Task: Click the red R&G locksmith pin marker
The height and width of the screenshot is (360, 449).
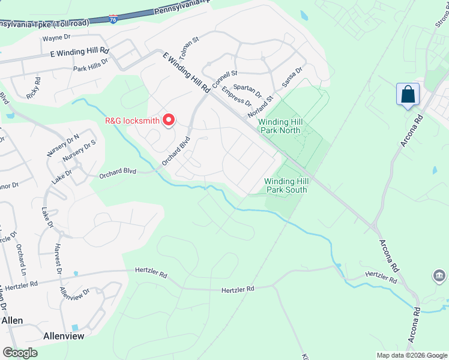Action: [x=169, y=120]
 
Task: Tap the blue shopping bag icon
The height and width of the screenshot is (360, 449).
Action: [x=408, y=95]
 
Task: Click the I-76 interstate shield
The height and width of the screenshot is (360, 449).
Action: [x=113, y=19]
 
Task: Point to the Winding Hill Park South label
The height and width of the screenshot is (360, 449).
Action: [x=287, y=185]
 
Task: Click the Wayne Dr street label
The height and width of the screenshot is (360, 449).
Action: [x=56, y=38]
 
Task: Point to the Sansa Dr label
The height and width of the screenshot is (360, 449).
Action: [x=291, y=77]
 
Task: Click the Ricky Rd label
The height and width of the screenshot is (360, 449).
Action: [x=32, y=88]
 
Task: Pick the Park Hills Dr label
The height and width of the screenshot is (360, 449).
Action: [x=91, y=65]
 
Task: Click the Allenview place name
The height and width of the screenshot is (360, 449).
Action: [x=64, y=337]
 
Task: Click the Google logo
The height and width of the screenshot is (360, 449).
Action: [x=20, y=353]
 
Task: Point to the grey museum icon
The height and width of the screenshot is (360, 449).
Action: [x=439, y=276]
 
